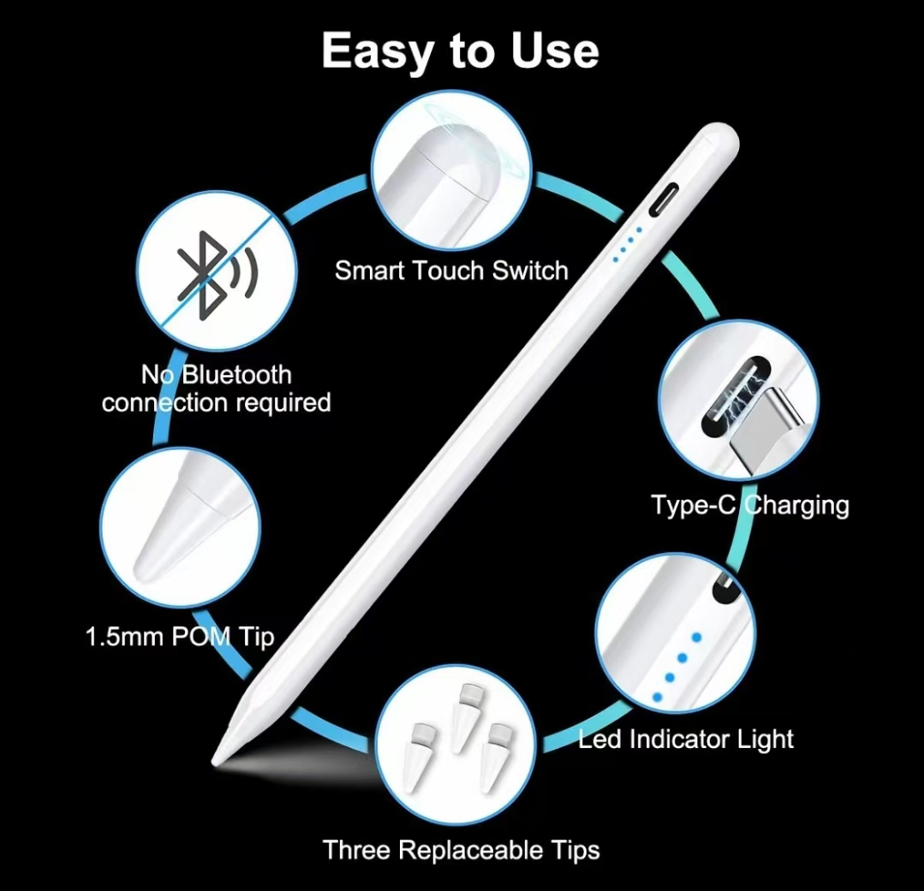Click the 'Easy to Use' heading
pos(460,51)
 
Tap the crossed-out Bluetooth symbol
pos(217,275)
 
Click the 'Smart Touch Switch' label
pos(451,270)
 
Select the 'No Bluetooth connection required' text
pos(217,389)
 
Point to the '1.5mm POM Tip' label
pos(180,637)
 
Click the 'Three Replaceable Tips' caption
pos(461,850)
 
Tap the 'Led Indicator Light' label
pos(685,739)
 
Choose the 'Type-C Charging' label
pos(749,506)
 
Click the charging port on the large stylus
pos(664,199)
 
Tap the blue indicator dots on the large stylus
pos(627,244)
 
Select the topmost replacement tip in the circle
pos(464,718)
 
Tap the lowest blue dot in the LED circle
pos(658,698)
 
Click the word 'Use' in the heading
pos(555,50)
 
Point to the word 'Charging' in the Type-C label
pos(796,506)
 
